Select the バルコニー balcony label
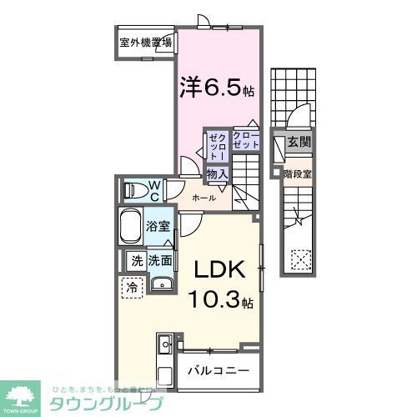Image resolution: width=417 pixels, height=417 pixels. (x=217, y=369)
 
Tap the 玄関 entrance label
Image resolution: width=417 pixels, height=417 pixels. (x=299, y=143)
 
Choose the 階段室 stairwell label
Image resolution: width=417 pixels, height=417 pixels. (x=298, y=174)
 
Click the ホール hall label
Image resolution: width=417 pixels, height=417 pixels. (x=203, y=198)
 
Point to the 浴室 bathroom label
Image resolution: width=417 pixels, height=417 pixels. (x=159, y=225)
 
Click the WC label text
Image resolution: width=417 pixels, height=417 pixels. (x=156, y=189)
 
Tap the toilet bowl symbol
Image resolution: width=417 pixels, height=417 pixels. (x=133, y=190)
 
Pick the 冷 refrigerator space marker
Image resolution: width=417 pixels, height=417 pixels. (x=133, y=287)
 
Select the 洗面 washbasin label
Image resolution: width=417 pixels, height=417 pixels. (x=160, y=261)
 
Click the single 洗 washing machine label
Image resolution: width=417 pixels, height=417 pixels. (x=136, y=261)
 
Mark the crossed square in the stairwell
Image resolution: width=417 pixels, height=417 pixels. (x=298, y=259)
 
